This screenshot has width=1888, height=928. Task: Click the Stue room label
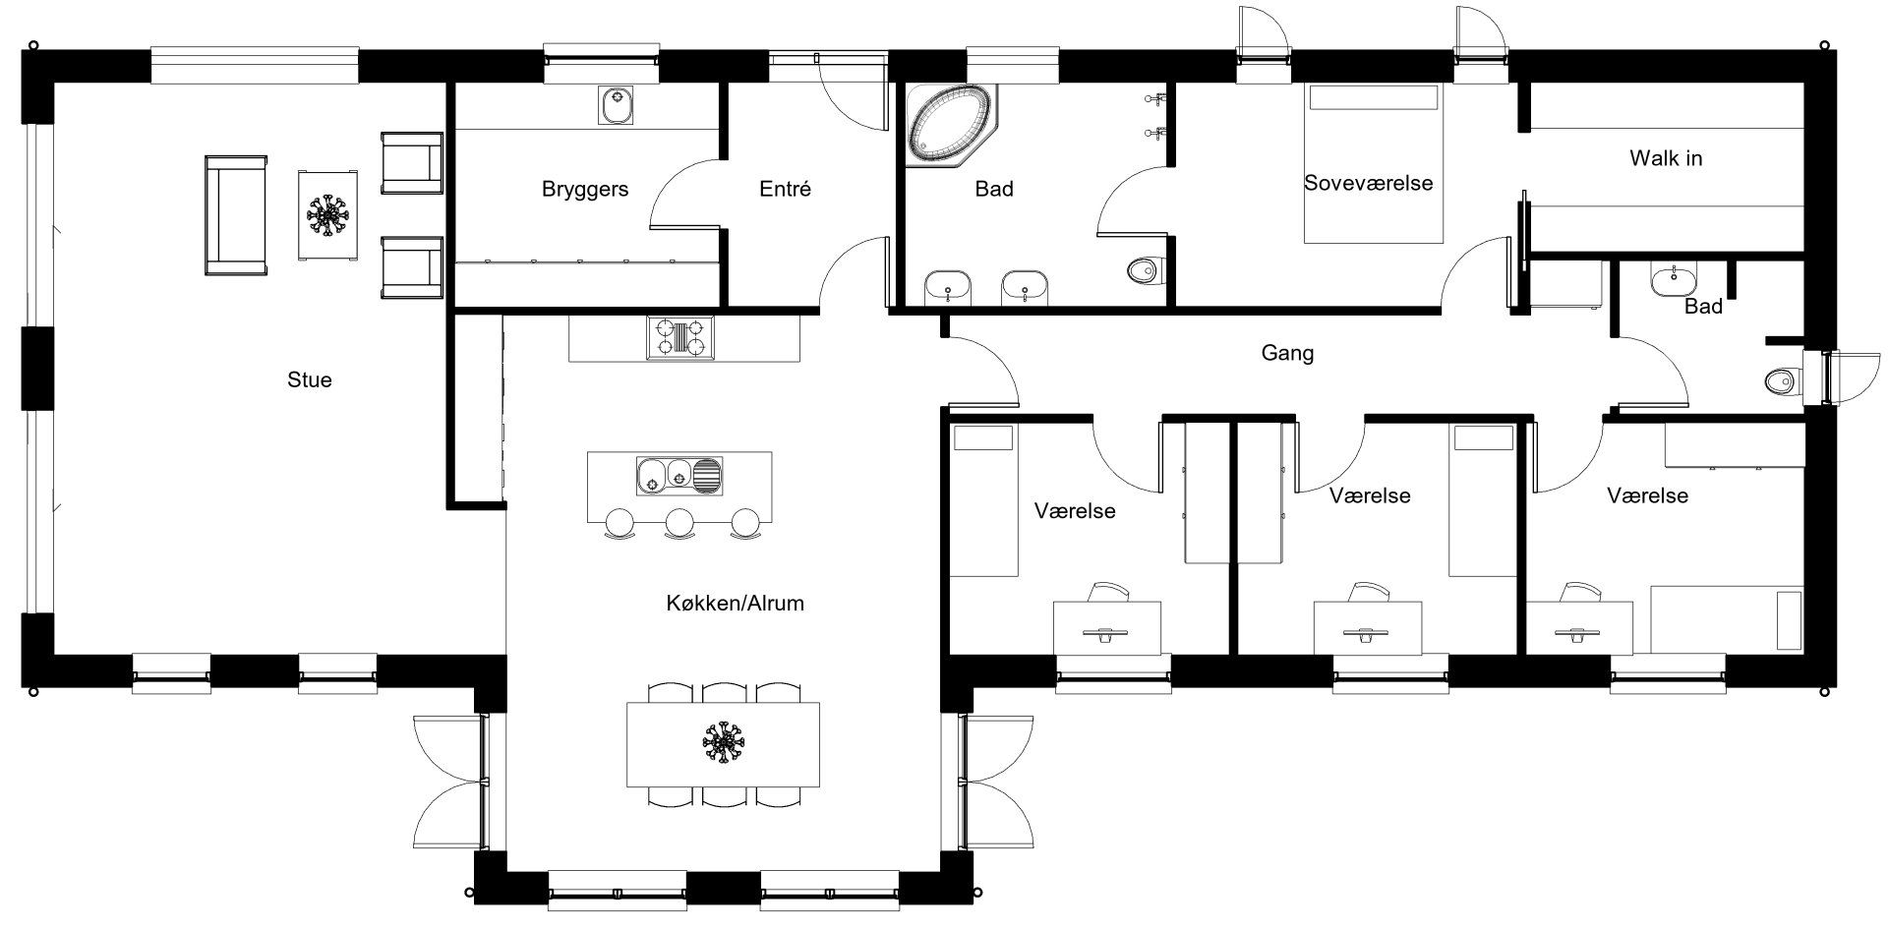point(310,379)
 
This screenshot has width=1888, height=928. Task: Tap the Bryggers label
point(585,189)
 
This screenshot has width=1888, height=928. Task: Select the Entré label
point(786,189)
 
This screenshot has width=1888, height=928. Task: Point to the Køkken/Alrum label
point(736,603)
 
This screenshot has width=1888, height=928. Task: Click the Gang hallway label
point(1287,353)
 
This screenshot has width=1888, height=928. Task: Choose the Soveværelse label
point(1369,183)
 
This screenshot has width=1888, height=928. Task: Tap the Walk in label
point(1666,157)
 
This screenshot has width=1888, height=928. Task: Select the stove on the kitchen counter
point(680,337)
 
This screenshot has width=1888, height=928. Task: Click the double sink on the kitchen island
point(679,476)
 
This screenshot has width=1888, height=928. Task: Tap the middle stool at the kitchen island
point(679,523)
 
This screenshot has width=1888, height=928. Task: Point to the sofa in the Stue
point(236,214)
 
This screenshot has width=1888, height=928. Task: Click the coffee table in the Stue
point(327,214)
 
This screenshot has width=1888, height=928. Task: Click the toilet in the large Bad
point(1146,268)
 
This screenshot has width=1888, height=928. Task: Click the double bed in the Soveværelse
point(1373,164)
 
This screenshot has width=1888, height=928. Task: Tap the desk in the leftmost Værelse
point(1106,626)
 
